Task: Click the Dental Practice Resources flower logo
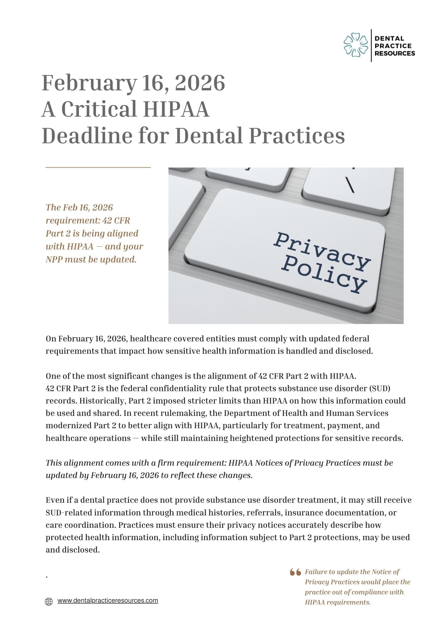click(x=355, y=46)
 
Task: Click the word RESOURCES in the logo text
click(x=394, y=53)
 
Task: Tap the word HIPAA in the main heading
click(x=176, y=109)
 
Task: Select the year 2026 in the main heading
click(x=200, y=83)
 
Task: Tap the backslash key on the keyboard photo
click(x=350, y=185)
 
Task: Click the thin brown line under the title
click(x=98, y=167)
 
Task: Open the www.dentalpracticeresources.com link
click(x=108, y=600)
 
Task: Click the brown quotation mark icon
click(x=295, y=572)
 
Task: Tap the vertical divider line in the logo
click(x=371, y=46)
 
